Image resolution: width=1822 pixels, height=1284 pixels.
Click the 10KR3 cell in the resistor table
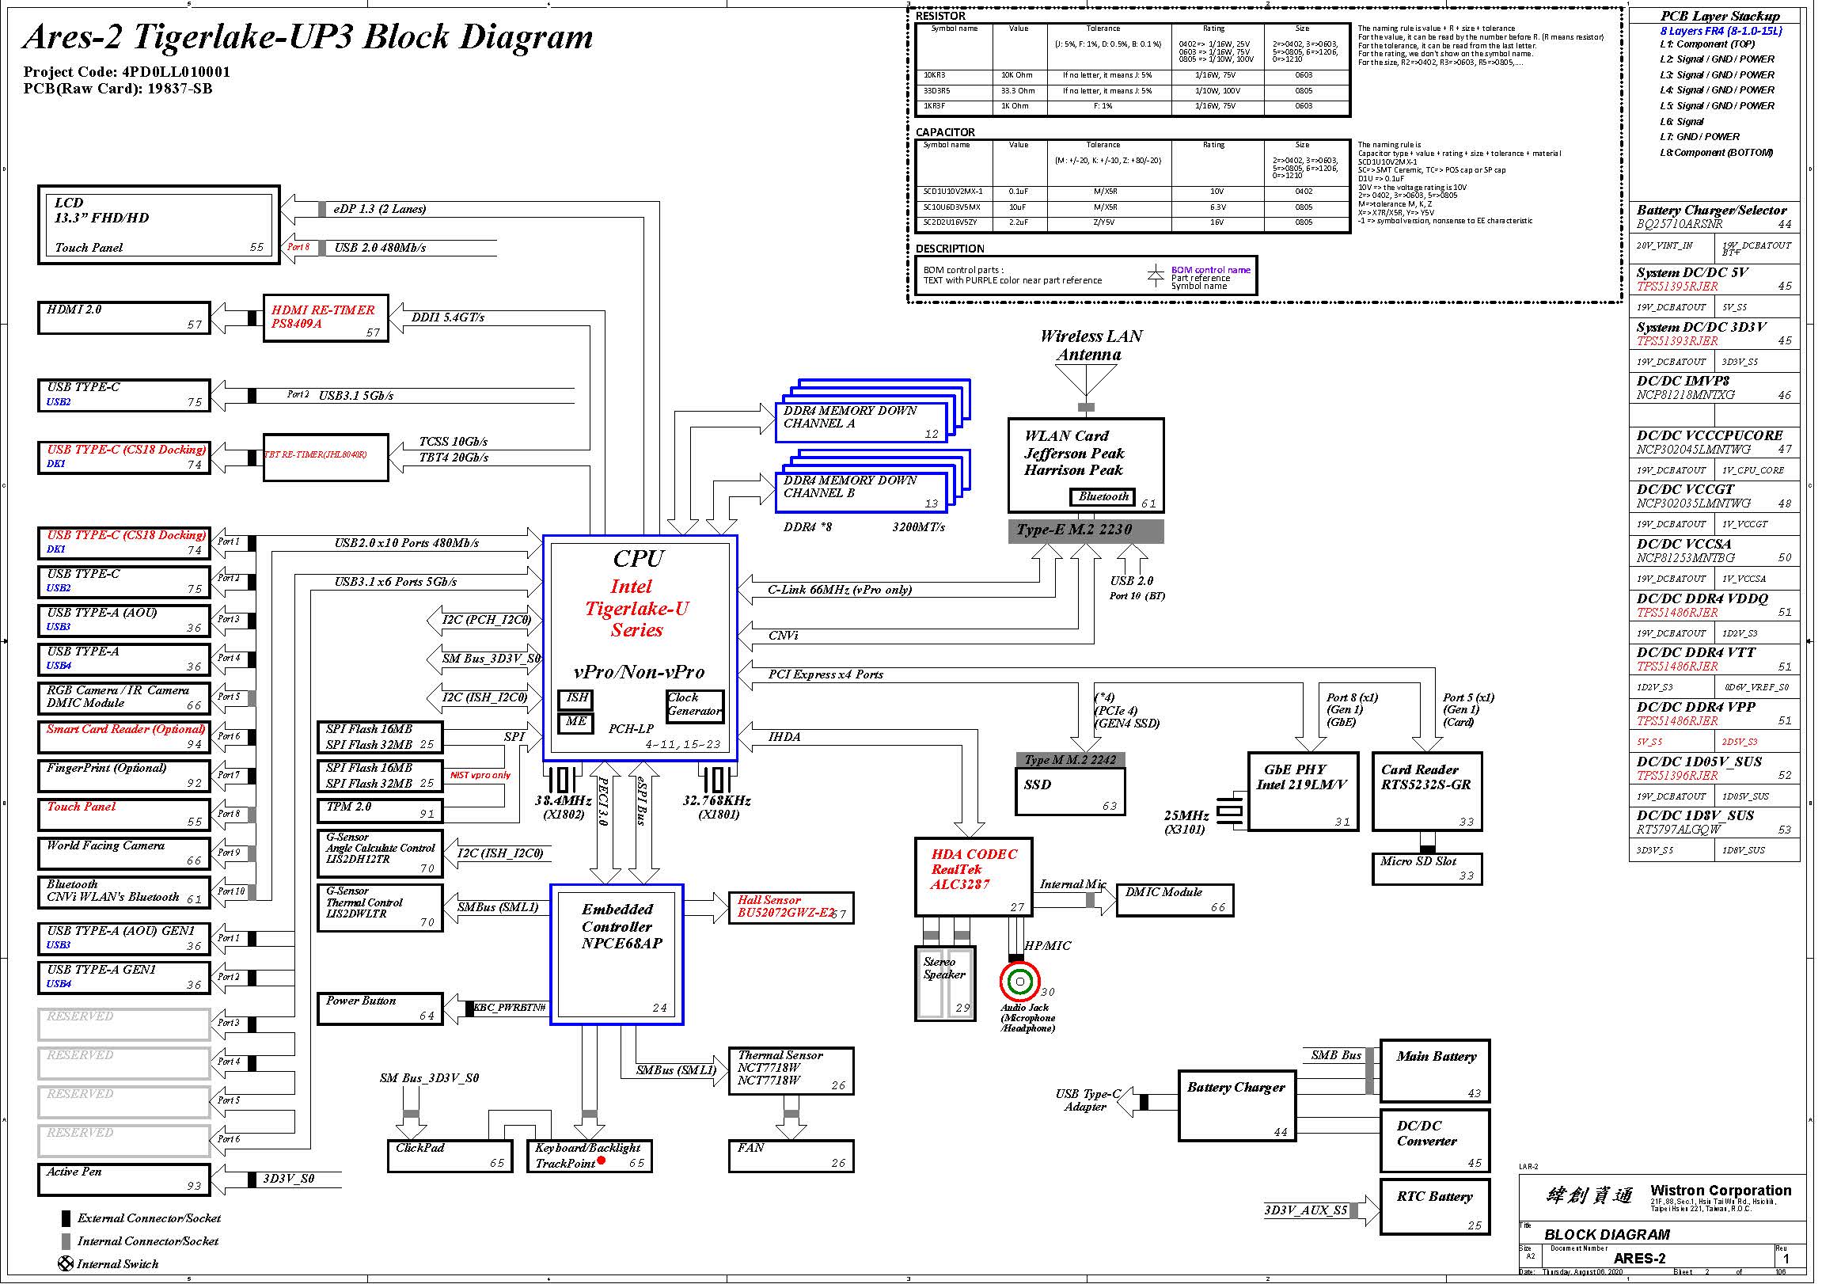tap(957, 76)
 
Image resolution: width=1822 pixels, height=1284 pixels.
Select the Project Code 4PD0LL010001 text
tap(127, 72)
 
